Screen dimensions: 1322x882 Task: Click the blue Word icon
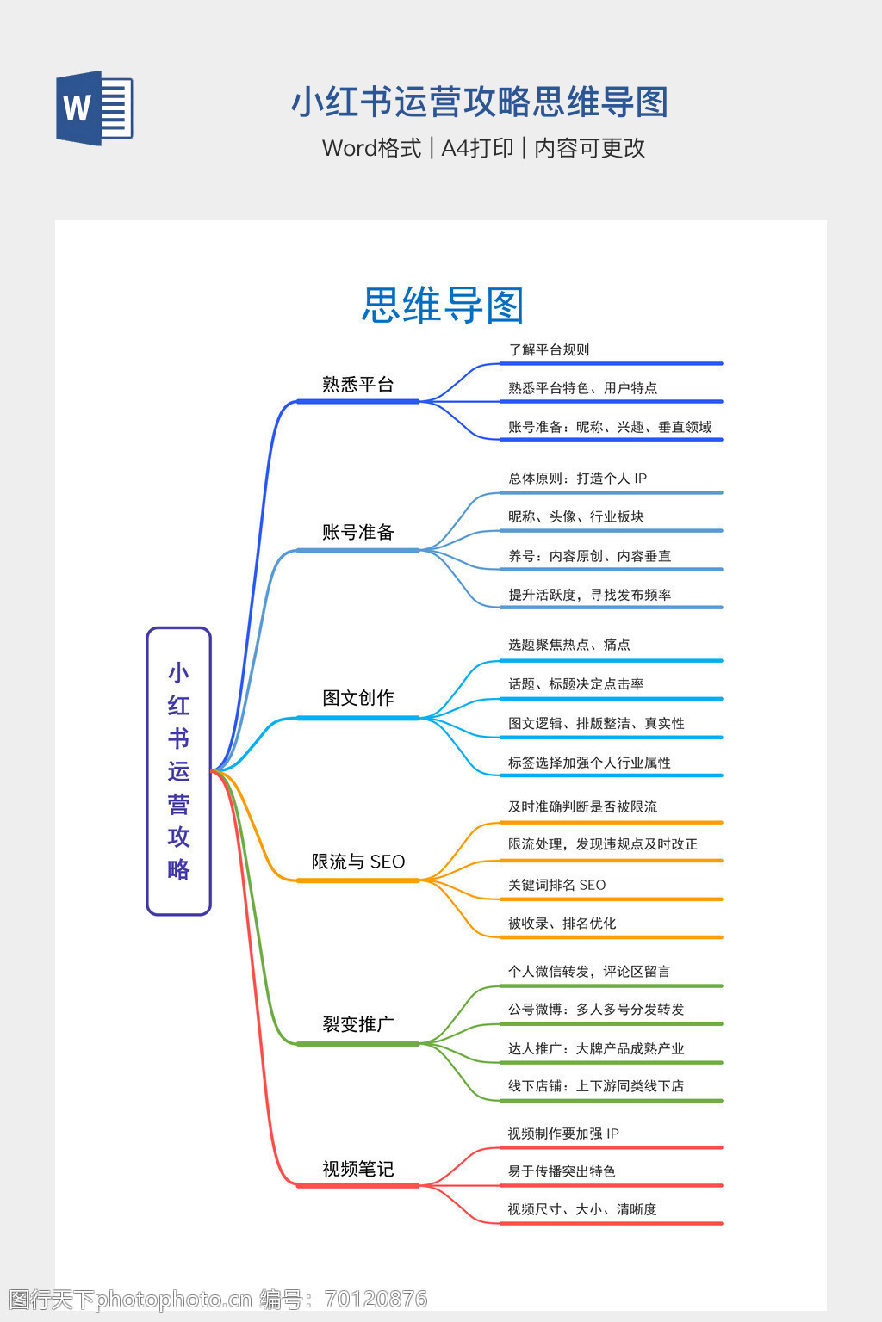[94, 108]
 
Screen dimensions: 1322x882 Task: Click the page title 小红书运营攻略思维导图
[480, 102]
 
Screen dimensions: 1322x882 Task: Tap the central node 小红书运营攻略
[178, 770]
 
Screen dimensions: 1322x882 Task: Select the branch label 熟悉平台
[357, 385]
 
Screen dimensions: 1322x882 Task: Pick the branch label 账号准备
[357, 533]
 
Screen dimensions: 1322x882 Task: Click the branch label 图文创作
[357, 698]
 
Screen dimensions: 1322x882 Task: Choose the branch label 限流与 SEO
[357, 862]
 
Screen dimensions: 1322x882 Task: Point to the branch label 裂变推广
[357, 1024]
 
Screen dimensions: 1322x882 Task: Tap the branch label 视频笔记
[357, 1169]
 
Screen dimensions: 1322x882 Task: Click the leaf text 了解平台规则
[549, 349]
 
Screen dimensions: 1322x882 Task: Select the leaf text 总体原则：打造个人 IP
[577, 479]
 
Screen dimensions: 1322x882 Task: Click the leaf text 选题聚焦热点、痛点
[568, 645]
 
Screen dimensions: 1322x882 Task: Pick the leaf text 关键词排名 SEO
[556, 885]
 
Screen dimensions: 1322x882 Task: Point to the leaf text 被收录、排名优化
[562, 924]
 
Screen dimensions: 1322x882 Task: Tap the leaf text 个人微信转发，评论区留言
[588, 972]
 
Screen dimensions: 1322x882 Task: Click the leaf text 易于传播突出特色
[562, 1171]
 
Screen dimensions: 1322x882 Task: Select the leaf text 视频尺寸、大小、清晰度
[581, 1209]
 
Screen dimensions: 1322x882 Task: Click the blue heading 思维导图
[443, 305]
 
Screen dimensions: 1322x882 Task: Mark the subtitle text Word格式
[371, 148]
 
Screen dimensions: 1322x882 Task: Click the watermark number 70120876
[376, 1299]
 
